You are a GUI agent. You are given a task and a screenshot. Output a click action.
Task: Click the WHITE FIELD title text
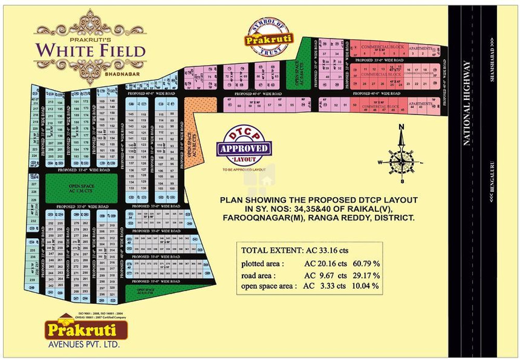coord(90,51)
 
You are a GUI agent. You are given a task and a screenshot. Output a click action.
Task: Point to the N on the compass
coord(401,126)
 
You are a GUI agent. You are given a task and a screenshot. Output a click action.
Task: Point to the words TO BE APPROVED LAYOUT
coord(244,170)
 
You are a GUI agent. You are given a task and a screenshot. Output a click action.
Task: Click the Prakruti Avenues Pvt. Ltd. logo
coord(86,331)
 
